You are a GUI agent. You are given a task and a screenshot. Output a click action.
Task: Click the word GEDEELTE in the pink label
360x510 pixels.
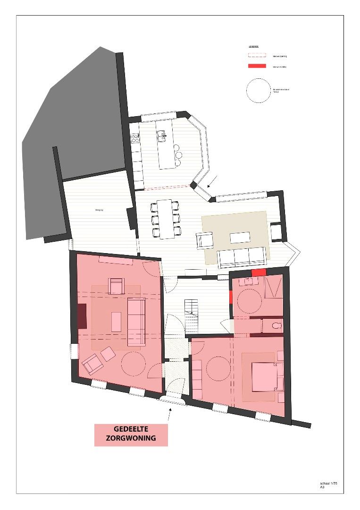131,429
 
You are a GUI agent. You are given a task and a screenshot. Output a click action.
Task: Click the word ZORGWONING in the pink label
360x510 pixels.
131,439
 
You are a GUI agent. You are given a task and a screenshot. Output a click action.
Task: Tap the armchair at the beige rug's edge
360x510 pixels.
205,240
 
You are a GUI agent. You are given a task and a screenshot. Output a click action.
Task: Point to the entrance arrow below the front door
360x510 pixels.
169,414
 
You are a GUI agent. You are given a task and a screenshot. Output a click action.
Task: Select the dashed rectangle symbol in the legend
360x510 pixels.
257,55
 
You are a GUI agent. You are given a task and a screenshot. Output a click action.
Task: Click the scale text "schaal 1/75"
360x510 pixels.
328,484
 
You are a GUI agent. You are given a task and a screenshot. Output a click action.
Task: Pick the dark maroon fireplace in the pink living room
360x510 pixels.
82,316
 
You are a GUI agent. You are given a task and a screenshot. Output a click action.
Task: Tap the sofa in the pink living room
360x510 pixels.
136,316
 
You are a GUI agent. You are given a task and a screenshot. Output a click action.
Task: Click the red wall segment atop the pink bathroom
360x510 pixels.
259,273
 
